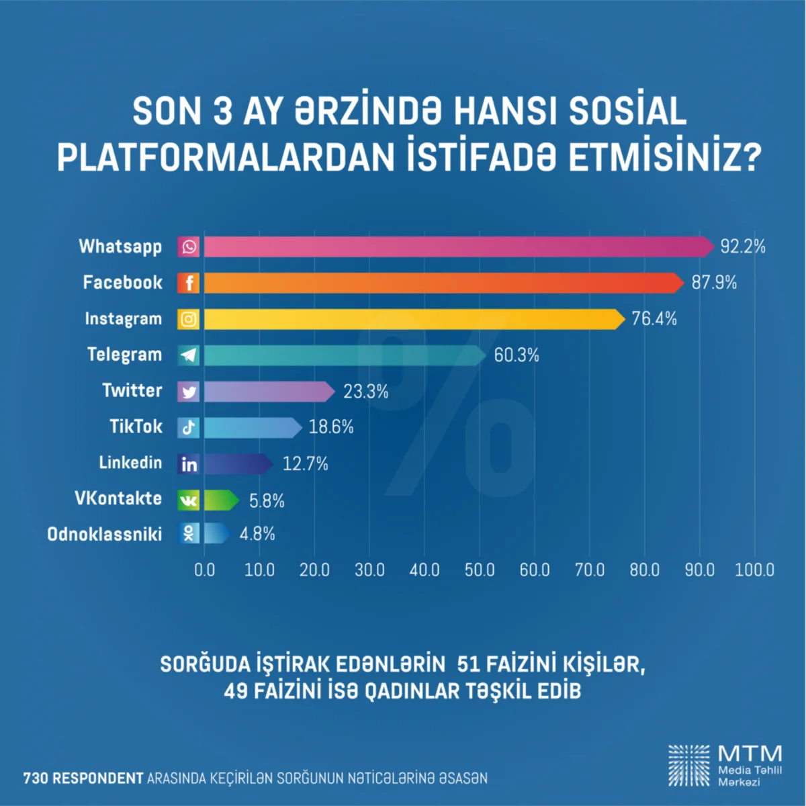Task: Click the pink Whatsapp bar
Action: [x=457, y=247]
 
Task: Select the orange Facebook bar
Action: [x=443, y=283]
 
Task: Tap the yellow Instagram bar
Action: [x=413, y=319]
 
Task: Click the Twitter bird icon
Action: [x=189, y=392]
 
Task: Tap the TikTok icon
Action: [x=189, y=428]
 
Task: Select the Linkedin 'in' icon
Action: [x=189, y=464]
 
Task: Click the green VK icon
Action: [x=189, y=500]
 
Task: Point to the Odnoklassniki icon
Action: [x=189, y=534]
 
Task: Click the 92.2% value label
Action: [x=743, y=247]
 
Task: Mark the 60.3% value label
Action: [x=517, y=355]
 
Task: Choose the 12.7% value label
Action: [x=305, y=464]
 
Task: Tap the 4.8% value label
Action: [x=257, y=535]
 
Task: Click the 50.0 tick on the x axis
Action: [x=480, y=570]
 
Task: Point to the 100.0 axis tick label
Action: [x=754, y=570]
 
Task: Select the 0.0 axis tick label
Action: [x=204, y=570]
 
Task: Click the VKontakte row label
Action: [x=118, y=498]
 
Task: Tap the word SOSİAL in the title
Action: [x=627, y=111]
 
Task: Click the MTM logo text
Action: [x=750, y=753]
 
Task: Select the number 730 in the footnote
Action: [x=36, y=778]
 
